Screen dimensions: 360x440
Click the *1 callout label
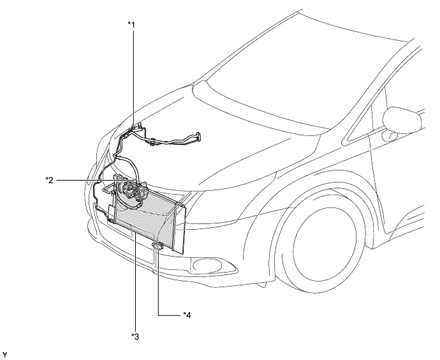tap(132, 24)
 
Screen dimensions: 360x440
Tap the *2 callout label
tap(49, 180)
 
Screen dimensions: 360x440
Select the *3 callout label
tap(134, 336)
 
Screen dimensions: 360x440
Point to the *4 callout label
tap(186, 314)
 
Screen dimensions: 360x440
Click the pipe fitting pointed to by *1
tap(136, 130)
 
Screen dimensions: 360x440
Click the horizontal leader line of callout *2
tap(83, 181)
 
